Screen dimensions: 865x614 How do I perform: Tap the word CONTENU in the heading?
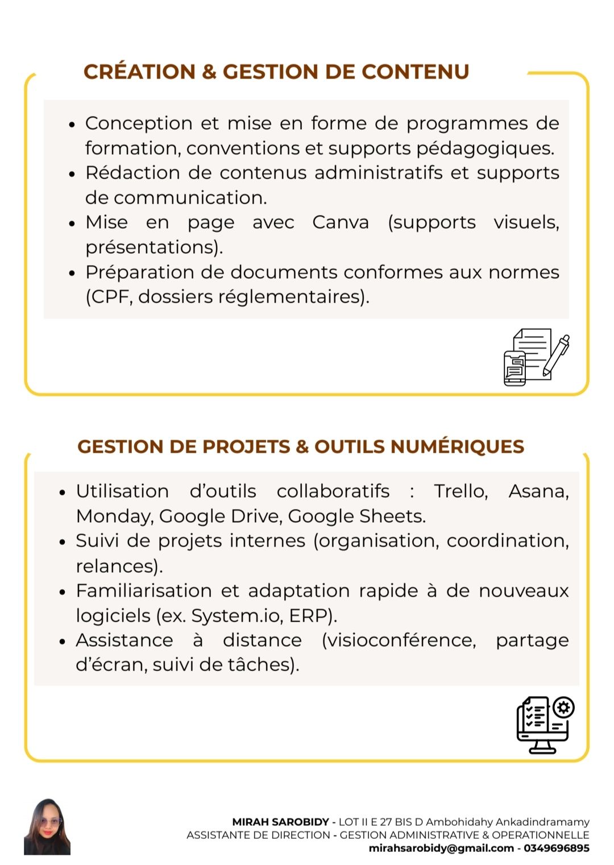point(415,72)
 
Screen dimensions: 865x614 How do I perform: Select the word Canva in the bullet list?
point(341,222)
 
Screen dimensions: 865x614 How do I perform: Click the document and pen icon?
point(536,357)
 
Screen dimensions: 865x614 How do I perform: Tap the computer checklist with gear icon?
point(545,725)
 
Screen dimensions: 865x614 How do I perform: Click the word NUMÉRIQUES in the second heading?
point(457,447)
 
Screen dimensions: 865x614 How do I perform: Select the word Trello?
point(460,491)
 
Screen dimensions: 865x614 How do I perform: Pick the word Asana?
point(538,491)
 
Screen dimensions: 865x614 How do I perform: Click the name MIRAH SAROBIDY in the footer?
point(280,822)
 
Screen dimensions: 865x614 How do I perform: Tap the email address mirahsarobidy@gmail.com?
point(441,849)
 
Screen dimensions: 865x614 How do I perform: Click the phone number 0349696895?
point(557,849)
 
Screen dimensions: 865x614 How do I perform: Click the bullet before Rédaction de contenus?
point(72,174)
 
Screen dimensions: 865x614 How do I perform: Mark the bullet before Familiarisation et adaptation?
point(63,592)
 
